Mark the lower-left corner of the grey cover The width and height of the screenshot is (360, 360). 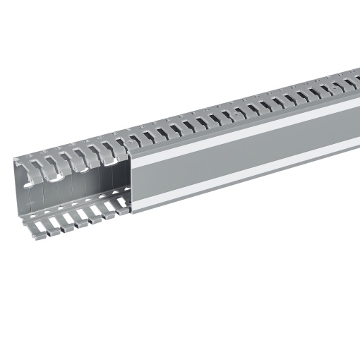pos(132,212)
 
